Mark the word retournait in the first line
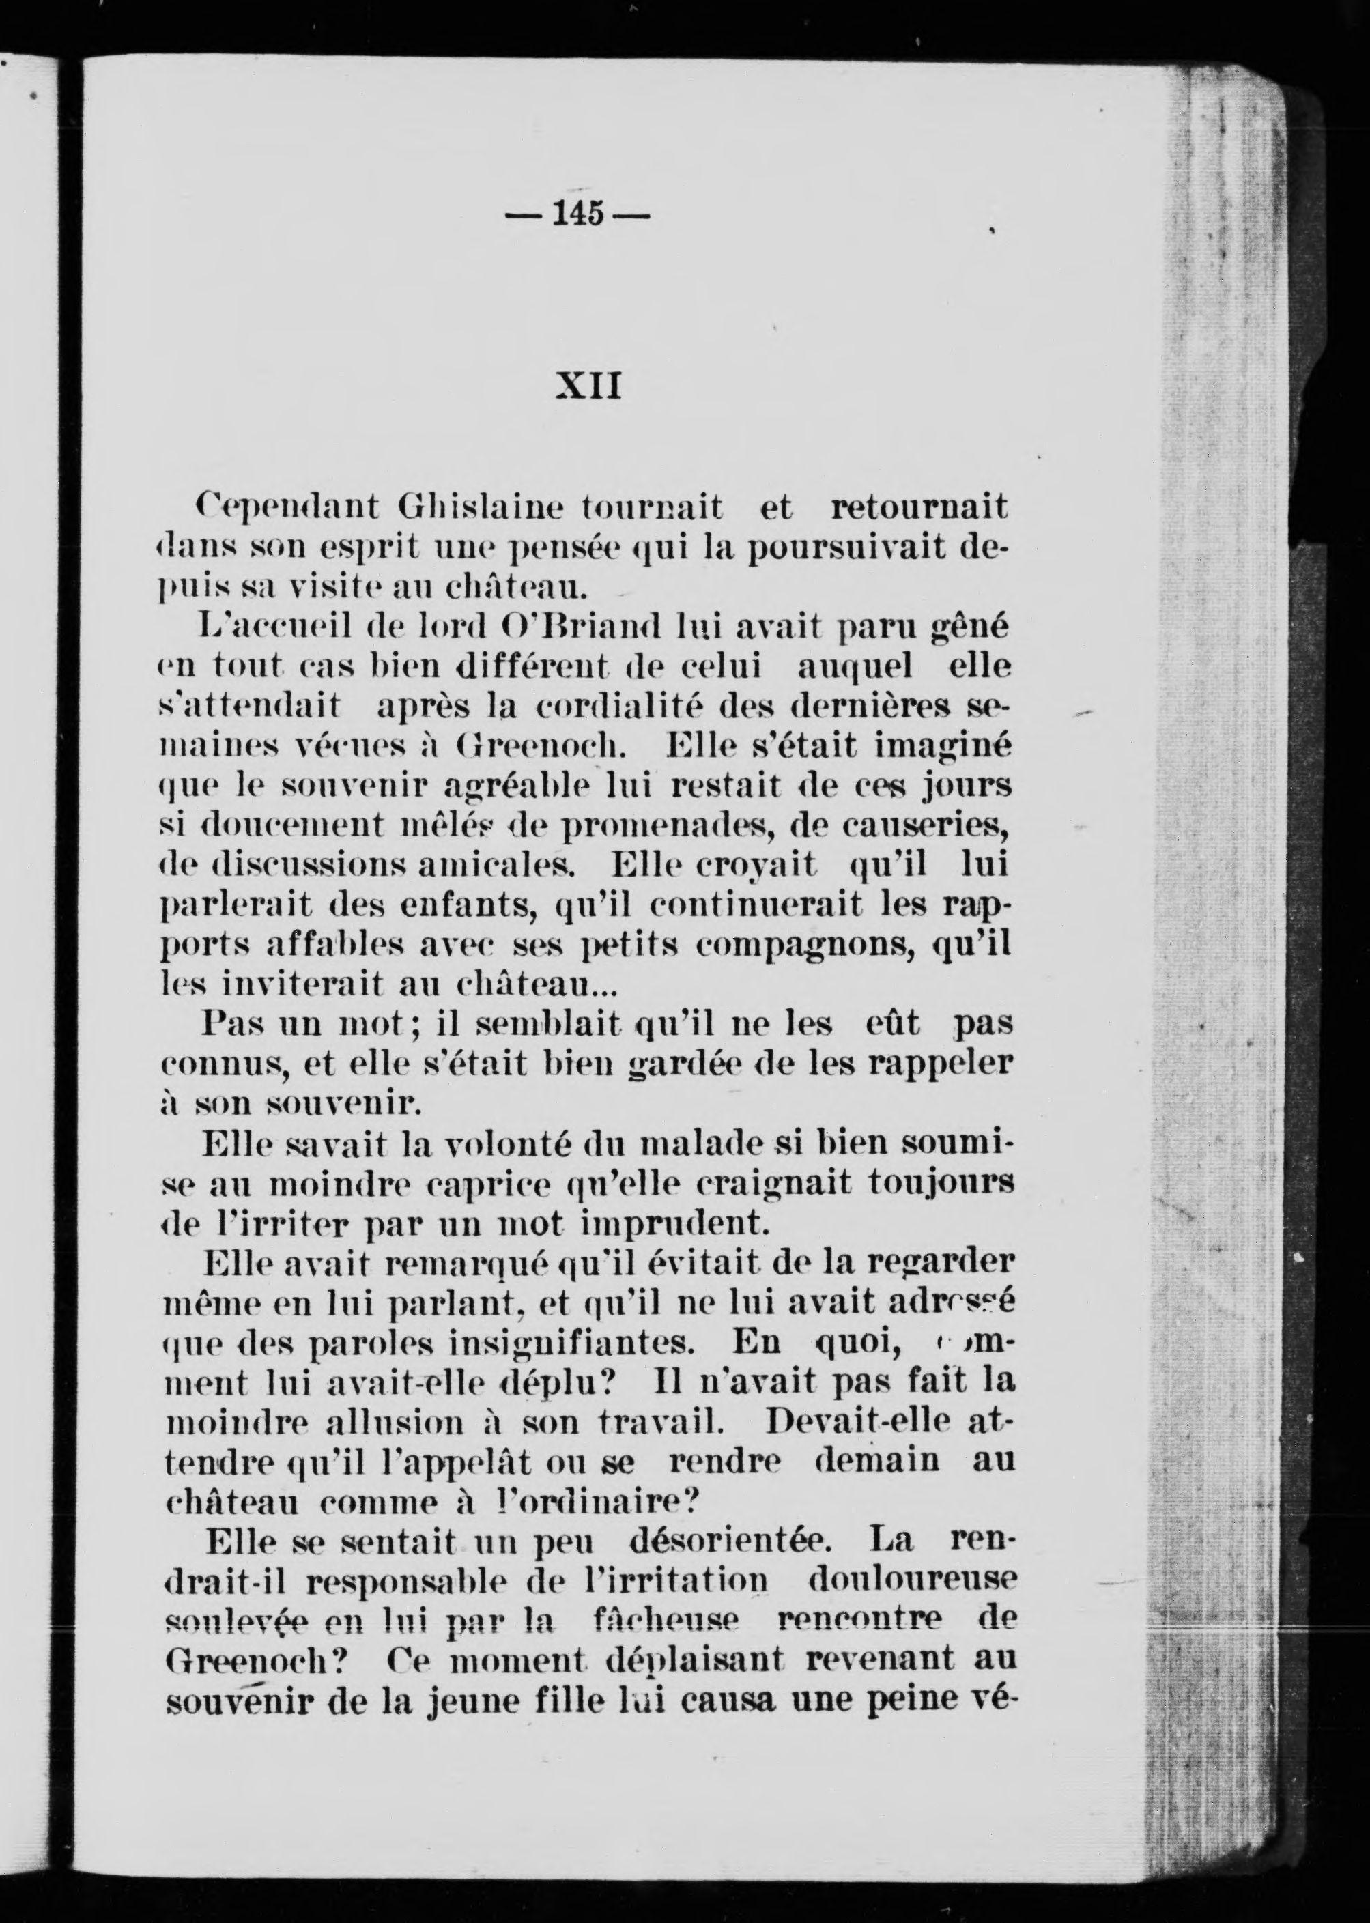point(919,508)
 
